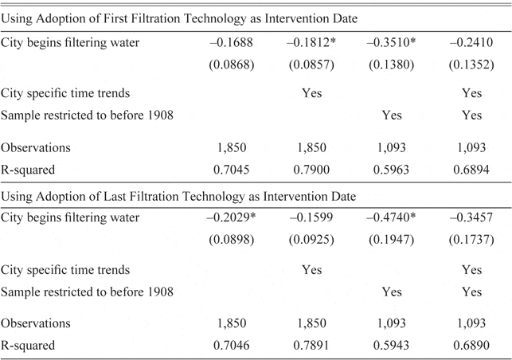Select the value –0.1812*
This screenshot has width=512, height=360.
click(x=314, y=42)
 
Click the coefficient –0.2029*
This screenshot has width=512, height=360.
click(x=234, y=217)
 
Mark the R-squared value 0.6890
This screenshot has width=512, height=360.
click(x=471, y=344)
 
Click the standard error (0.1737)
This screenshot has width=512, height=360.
click(x=471, y=240)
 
